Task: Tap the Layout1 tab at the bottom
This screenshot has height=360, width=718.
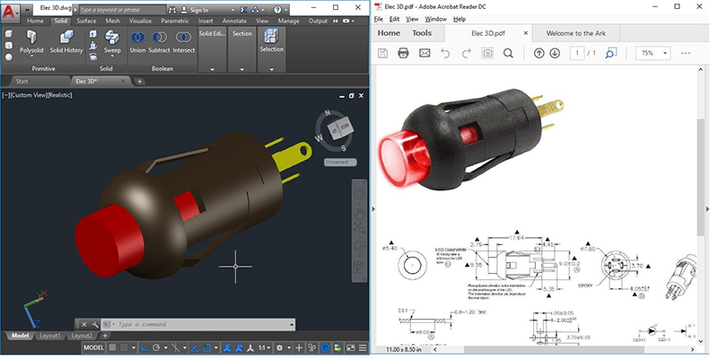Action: click(x=50, y=336)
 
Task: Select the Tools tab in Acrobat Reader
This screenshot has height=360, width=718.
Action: click(x=421, y=33)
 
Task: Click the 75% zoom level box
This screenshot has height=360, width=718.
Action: click(x=648, y=53)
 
